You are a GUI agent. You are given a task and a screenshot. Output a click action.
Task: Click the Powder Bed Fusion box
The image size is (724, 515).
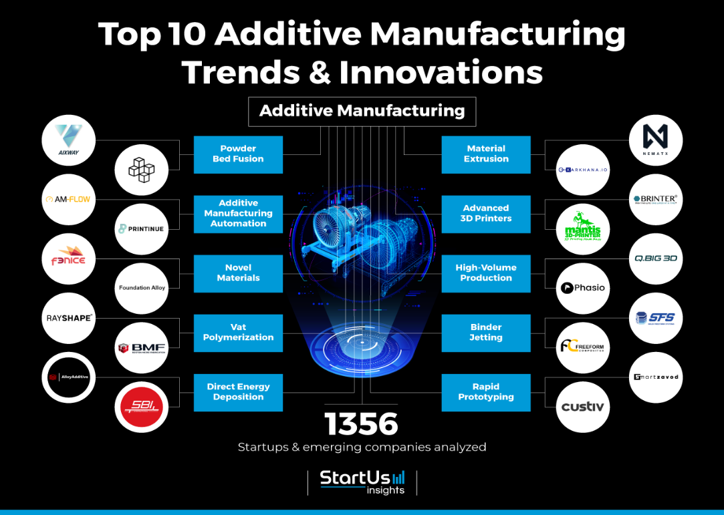pos(238,154)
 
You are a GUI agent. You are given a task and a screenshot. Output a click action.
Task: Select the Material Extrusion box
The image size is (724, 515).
pos(486,154)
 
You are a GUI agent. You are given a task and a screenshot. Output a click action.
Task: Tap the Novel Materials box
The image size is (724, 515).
pos(238,273)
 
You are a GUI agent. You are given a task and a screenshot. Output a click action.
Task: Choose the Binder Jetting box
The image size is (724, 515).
pos(486,333)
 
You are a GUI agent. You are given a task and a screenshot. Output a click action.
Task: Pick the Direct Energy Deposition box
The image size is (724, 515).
pos(238,392)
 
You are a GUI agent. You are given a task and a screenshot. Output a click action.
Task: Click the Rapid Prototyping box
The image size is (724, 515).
pos(486,392)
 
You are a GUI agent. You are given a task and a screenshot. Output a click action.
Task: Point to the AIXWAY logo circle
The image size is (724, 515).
pos(68,141)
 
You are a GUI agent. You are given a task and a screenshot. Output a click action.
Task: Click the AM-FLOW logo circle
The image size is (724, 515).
pos(68,200)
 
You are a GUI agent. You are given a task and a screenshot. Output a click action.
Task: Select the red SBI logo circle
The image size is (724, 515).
pos(141,406)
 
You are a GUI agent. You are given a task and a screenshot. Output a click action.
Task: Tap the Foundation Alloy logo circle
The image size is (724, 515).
pos(141,288)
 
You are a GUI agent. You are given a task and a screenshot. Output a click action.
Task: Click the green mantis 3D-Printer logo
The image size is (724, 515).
pos(583,228)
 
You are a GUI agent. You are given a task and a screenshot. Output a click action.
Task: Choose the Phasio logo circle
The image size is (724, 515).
pos(583,288)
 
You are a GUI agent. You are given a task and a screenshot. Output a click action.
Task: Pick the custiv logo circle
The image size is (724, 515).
pos(583,406)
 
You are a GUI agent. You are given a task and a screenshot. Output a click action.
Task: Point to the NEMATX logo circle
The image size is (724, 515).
pos(656,141)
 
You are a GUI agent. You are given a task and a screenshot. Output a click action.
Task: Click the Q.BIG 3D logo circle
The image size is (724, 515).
pos(656,259)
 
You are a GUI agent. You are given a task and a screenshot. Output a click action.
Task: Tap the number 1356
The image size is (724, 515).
pos(361,424)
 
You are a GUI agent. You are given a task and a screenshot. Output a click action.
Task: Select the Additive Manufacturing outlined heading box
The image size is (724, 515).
pos(362,111)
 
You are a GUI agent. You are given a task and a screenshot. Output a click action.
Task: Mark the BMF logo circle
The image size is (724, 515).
pos(141,347)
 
